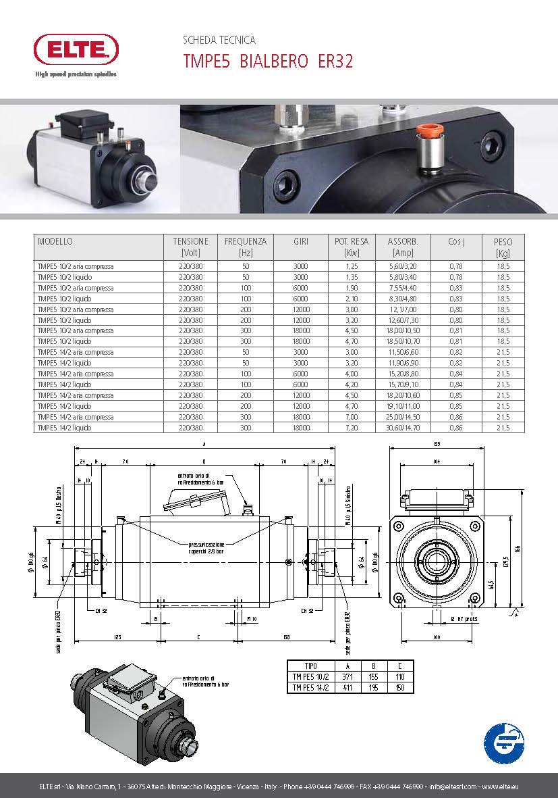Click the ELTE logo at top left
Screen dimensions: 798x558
click(x=76, y=48)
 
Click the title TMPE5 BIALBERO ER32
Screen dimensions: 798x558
click(x=268, y=61)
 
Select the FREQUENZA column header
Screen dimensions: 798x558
click(x=246, y=246)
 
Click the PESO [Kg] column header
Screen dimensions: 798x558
click(x=503, y=247)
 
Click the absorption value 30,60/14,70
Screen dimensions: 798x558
click(x=403, y=428)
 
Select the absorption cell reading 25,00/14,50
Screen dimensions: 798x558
click(x=403, y=417)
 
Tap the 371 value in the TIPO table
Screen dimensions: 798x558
click(x=347, y=676)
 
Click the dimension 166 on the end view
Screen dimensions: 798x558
click(x=518, y=548)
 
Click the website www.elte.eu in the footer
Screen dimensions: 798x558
click(x=500, y=787)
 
